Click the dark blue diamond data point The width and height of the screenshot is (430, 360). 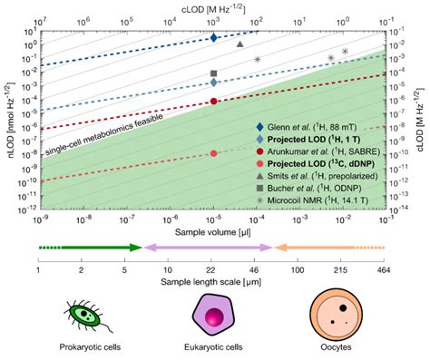tap(213, 38)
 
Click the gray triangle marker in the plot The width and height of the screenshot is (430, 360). tap(239, 44)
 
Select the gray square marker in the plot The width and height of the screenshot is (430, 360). tap(213, 73)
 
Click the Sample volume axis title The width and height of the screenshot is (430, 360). tap(212, 233)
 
